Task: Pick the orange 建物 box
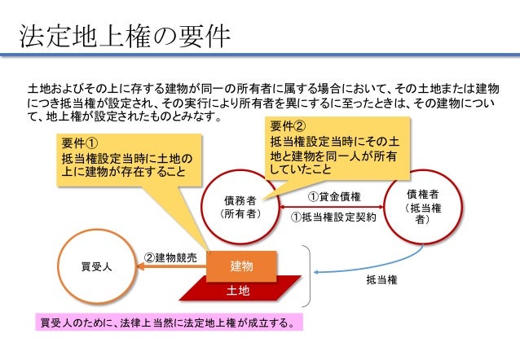241,266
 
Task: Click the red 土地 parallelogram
238,290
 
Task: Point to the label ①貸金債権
334,196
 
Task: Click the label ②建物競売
170,257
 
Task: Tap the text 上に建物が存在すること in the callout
123,173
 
